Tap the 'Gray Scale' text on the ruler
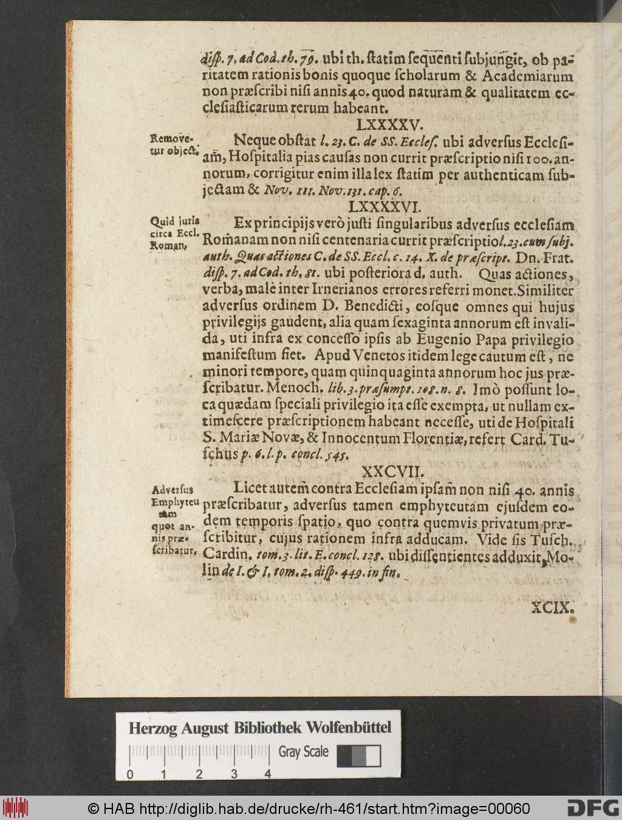303,752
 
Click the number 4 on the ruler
267,774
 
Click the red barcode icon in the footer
15,808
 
